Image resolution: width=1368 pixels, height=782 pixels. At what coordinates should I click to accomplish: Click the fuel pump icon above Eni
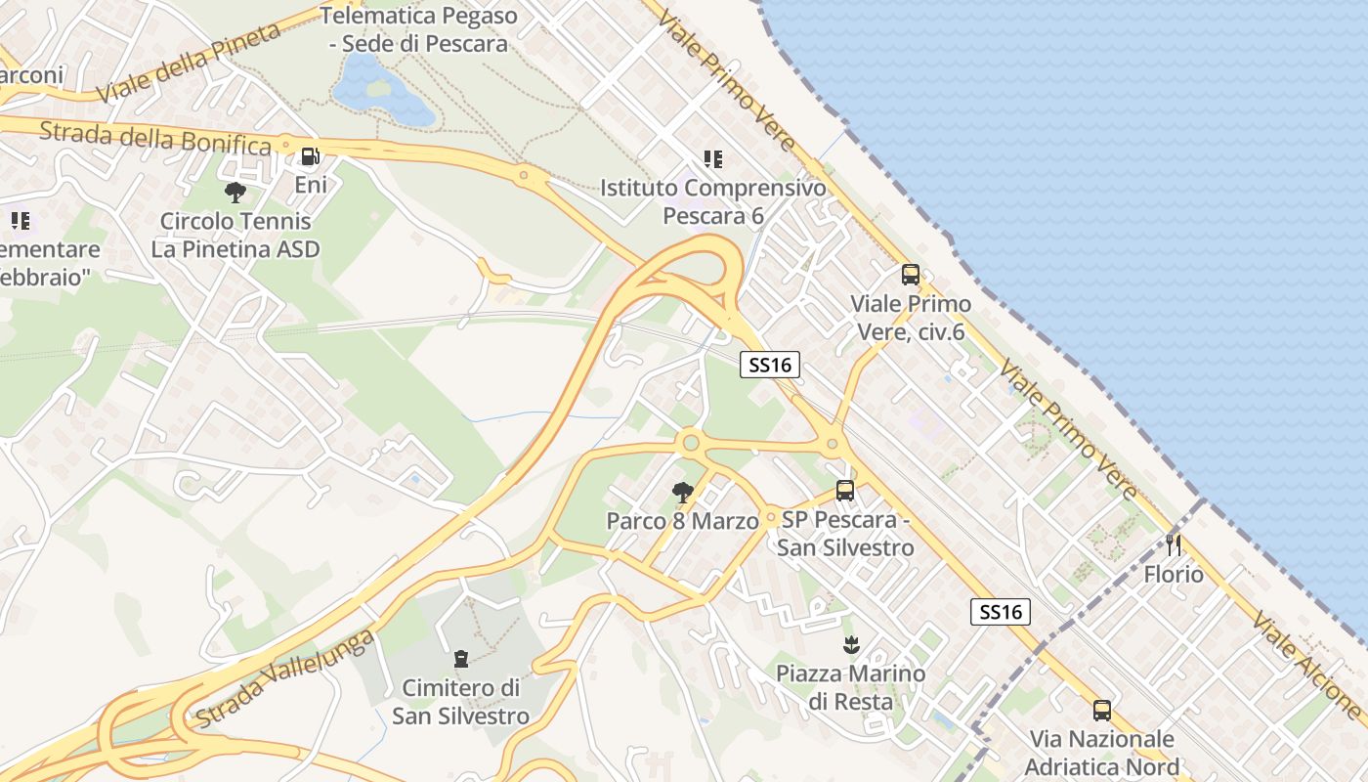tap(310, 155)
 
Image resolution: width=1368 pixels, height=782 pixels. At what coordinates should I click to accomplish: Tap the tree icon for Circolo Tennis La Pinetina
tap(235, 192)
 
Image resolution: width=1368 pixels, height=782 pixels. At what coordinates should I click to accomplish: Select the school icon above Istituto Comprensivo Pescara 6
tap(713, 158)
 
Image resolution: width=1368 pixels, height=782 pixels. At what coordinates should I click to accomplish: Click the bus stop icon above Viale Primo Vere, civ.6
tap(911, 275)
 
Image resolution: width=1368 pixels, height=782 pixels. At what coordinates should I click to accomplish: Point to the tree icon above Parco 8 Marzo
tap(682, 492)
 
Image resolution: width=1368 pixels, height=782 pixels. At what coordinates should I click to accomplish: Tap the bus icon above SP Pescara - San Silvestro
tap(845, 491)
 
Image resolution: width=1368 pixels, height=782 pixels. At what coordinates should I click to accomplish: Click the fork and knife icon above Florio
tap(1174, 544)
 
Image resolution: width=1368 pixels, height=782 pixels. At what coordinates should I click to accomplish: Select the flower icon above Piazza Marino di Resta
tap(850, 644)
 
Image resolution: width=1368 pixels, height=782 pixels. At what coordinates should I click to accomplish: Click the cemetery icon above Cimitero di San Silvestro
tap(461, 659)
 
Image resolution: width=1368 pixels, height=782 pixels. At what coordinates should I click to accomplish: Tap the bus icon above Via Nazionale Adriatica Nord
tap(1102, 710)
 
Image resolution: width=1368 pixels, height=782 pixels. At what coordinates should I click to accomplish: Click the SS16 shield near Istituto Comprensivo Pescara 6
tap(770, 366)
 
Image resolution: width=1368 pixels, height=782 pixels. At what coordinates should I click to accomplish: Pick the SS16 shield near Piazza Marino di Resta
tap(1002, 612)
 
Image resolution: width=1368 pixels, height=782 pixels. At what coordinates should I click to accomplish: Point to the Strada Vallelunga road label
tap(285, 679)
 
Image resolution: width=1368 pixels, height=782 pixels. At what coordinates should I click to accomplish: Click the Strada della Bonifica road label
tap(155, 138)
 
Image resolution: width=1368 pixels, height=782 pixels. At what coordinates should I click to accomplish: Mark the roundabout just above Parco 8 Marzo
tap(692, 444)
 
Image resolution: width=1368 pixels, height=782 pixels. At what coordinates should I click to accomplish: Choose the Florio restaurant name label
tap(1174, 574)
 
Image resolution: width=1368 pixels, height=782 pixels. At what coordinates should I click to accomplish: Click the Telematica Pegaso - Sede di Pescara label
tap(419, 29)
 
